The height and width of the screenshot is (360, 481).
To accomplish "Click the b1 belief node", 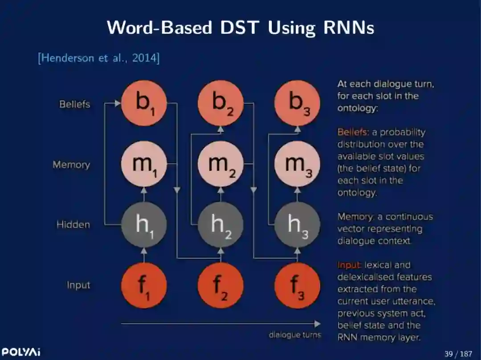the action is coord(144,103).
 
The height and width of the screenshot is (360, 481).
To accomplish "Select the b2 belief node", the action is coord(220,103).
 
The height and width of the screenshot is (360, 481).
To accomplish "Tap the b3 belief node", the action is coord(297,103).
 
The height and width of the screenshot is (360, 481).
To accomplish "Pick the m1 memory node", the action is coord(144,164).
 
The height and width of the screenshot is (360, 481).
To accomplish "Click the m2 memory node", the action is coord(220,164).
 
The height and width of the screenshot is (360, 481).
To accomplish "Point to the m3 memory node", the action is coord(297,164).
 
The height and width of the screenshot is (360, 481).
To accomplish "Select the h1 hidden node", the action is coord(144,225).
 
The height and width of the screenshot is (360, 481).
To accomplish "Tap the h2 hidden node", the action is coord(220,225).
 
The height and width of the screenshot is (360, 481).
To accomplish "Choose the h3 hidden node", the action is coord(297,225).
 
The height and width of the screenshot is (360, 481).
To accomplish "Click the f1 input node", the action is coord(144,285).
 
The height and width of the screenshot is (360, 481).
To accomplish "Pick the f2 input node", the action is coord(220,285).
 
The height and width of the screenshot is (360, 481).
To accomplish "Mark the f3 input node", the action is coord(297,285).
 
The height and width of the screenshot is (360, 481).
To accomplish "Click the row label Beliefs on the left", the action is coord(74,104).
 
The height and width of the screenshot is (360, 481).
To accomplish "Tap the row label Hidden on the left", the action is coord(73,225).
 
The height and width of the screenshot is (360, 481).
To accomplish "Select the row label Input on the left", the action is coord(78,285).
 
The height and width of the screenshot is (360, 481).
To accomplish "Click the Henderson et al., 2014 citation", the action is coord(98,58).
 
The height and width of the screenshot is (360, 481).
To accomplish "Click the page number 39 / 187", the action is coord(458,354).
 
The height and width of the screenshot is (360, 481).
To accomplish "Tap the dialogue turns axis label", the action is coord(294,335).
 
